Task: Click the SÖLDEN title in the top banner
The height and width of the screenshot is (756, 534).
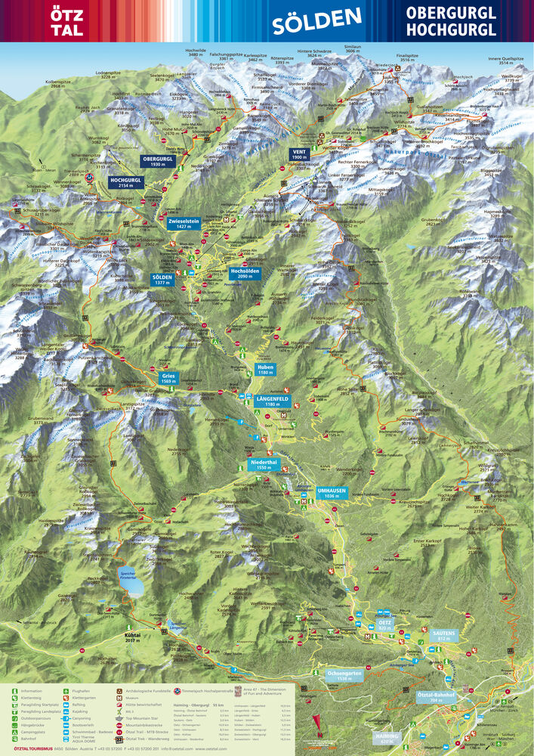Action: pyautogui.click(x=317, y=21)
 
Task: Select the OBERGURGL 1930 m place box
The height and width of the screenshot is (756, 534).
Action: pyautogui.click(x=157, y=161)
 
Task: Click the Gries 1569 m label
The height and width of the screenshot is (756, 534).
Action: pyautogui.click(x=168, y=378)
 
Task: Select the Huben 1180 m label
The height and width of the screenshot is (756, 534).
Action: pyautogui.click(x=265, y=369)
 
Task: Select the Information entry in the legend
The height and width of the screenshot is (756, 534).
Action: pyautogui.click(x=30, y=690)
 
